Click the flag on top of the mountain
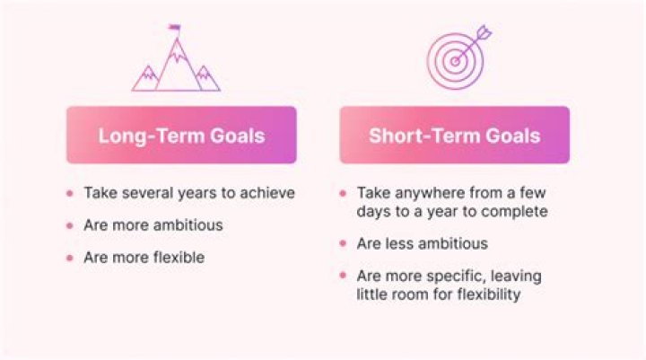point(174,27)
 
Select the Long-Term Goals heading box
point(181,136)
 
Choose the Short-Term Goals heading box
point(454,136)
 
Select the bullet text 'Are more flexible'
point(144,258)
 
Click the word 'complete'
point(515,212)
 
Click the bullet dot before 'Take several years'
point(69,193)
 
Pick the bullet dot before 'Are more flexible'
point(69,259)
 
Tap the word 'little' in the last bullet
point(372,294)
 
